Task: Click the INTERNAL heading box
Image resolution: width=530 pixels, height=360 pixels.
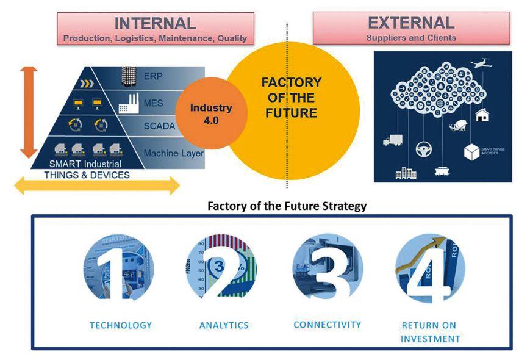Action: click(155, 29)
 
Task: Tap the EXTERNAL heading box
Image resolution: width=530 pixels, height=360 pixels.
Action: click(411, 29)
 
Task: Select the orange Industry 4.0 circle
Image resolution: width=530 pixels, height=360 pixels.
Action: click(211, 113)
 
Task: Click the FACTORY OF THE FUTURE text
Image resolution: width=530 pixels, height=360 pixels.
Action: click(291, 98)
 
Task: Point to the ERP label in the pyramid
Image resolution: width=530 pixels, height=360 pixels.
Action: click(153, 77)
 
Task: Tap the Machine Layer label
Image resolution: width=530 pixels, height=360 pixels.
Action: click(173, 153)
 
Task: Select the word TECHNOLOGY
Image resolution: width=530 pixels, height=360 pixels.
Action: click(121, 325)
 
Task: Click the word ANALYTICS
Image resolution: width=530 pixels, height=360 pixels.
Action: click(224, 325)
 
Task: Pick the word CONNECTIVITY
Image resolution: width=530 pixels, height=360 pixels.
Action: click(327, 325)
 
